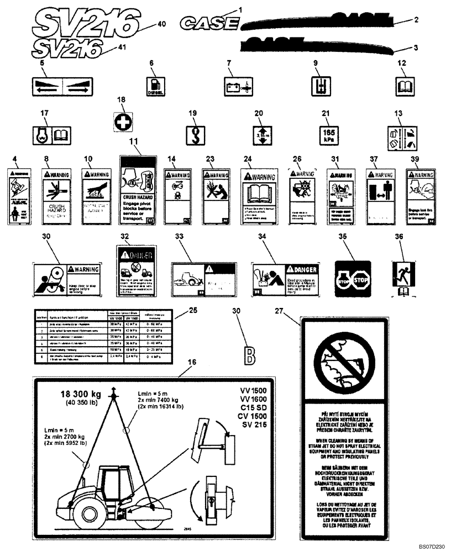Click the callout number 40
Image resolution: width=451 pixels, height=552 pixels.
click(x=161, y=24)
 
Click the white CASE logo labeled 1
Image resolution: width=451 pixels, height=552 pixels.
click(x=211, y=24)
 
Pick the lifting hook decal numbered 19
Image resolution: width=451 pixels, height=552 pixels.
click(x=195, y=135)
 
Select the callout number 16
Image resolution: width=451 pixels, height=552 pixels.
click(x=192, y=362)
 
